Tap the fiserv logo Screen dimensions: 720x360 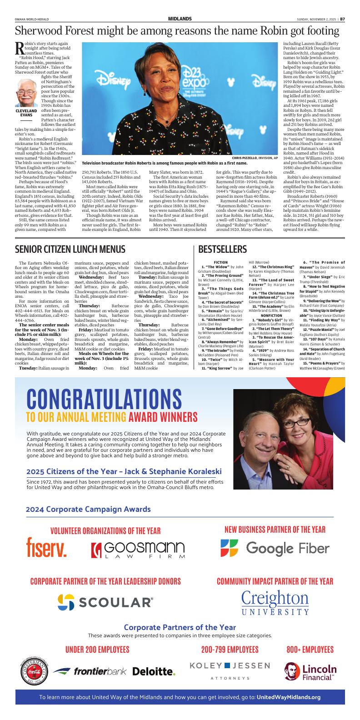click(46, 548)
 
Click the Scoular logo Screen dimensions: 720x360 click(105, 602)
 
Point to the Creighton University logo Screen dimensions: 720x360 click(275, 603)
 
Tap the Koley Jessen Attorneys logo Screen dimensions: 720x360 click(230, 671)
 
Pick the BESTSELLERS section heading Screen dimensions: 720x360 click(222, 249)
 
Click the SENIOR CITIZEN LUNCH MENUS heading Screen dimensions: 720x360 click(70, 249)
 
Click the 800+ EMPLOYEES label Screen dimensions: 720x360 click(310, 649)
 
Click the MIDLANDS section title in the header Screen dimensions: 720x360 click(180, 19)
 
